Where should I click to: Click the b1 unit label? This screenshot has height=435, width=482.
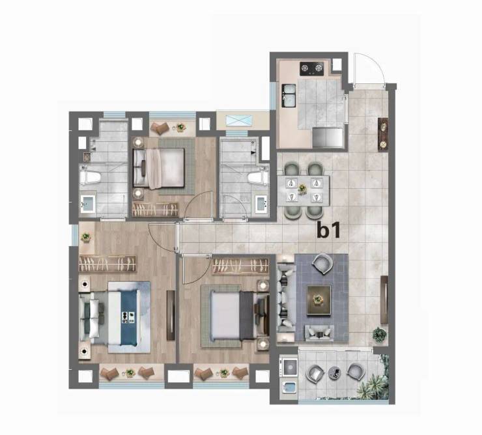[329, 231]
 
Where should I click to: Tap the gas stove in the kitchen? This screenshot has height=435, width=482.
[312, 69]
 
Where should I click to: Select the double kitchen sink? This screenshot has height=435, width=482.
[289, 96]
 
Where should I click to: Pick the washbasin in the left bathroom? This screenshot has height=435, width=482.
[88, 203]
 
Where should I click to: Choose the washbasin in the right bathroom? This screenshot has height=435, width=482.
[262, 203]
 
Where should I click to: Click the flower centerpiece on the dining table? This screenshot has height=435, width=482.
[302, 188]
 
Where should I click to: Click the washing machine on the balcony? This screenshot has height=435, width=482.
[289, 366]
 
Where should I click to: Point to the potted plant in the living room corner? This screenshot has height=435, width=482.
[380, 335]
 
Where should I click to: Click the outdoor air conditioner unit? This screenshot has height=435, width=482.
[240, 120]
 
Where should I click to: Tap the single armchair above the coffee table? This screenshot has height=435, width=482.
[322, 264]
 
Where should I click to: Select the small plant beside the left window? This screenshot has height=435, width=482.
[86, 237]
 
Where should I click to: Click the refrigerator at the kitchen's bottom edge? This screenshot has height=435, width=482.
[328, 137]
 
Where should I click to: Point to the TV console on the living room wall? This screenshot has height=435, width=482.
[384, 300]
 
